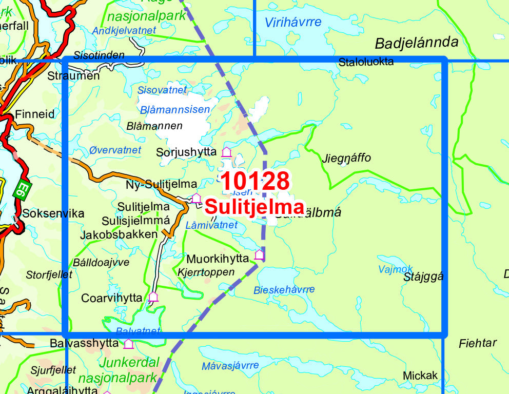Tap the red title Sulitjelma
coord(254,207)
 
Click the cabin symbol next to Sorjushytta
coord(226,152)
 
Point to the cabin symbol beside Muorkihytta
coord(259,254)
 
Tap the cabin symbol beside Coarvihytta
coord(153,297)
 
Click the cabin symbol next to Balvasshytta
coord(128,344)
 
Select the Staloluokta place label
coord(366,62)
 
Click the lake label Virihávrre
coord(293,22)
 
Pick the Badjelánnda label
coord(416,43)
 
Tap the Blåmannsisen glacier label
coord(174,109)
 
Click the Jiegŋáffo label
coord(346,158)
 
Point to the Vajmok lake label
coord(395,269)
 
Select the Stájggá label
coord(423,277)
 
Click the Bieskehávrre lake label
coord(284,290)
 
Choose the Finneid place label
coord(35,114)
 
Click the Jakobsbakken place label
coord(119,234)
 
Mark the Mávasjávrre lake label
coord(230,366)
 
